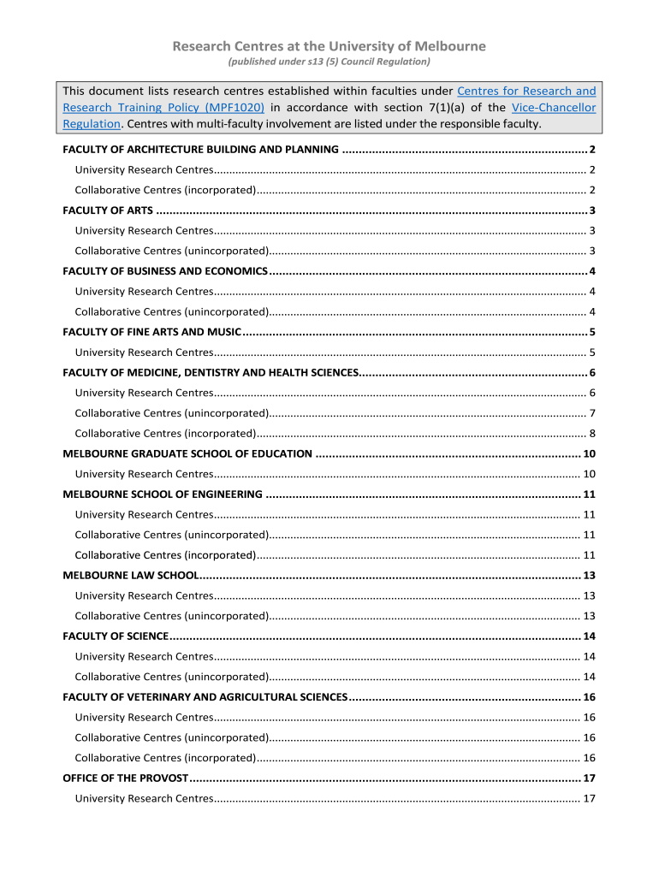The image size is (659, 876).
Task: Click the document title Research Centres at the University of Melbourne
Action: [x=329, y=46]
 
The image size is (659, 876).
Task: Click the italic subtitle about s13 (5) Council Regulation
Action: [x=329, y=62]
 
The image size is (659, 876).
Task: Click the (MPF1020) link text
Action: [x=232, y=108]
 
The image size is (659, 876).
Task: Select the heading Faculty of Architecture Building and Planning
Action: [x=201, y=150]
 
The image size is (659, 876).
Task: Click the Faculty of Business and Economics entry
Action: [x=165, y=271]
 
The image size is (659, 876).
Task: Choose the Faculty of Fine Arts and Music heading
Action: [x=153, y=332]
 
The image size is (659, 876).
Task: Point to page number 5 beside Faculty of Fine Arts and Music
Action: [x=591, y=332]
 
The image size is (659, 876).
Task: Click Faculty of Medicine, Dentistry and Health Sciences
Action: [x=211, y=372]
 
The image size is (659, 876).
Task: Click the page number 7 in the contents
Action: [x=591, y=413]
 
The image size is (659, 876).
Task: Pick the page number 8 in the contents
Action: [x=591, y=433]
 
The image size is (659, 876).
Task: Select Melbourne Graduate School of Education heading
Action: [x=187, y=453]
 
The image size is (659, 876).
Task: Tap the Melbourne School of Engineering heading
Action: [x=163, y=494]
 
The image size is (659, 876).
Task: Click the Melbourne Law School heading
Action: [x=131, y=575]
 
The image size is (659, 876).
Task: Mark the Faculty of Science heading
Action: [x=116, y=636]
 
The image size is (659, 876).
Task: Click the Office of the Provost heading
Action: [x=125, y=778]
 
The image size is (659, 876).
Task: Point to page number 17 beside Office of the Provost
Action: [x=588, y=778]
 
